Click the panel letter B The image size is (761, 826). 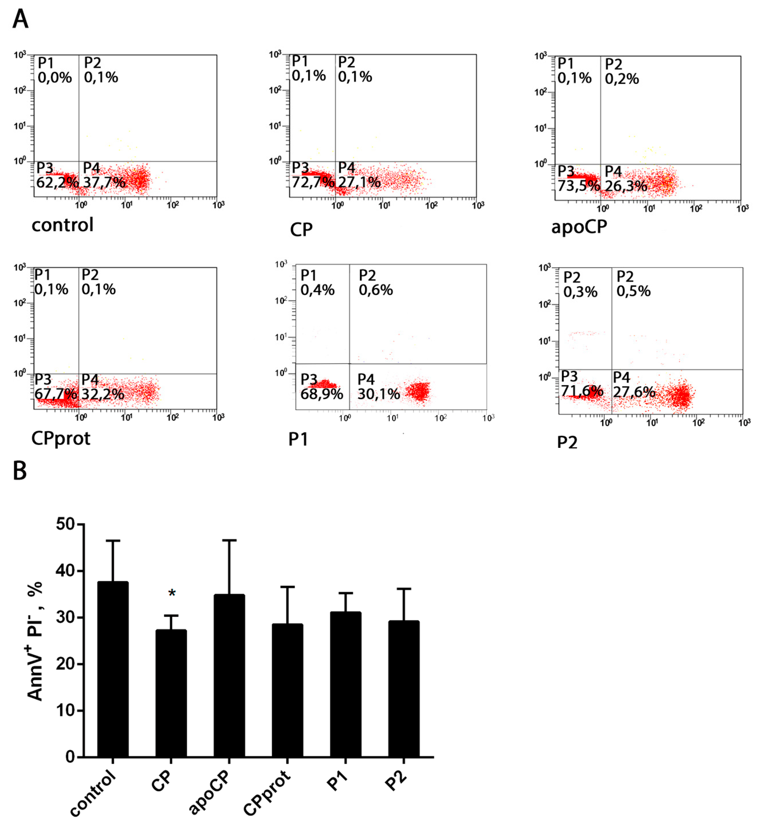(x=20, y=470)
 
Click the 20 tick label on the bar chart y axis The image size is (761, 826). (x=65, y=664)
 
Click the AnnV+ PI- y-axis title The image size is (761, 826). (x=35, y=641)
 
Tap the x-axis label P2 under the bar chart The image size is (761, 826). (x=396, y=781)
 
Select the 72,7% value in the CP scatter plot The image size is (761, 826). (x=313, y=181)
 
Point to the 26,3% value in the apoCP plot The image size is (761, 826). (x=626, y=186)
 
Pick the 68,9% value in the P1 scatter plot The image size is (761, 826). (x=321, y=394)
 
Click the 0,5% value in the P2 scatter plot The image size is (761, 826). (x=633, y=291)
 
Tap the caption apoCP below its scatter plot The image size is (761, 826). (x=579, y=227)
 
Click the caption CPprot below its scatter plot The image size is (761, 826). (x=61, y=438)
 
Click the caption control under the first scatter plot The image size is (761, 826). (x=63, y=225)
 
